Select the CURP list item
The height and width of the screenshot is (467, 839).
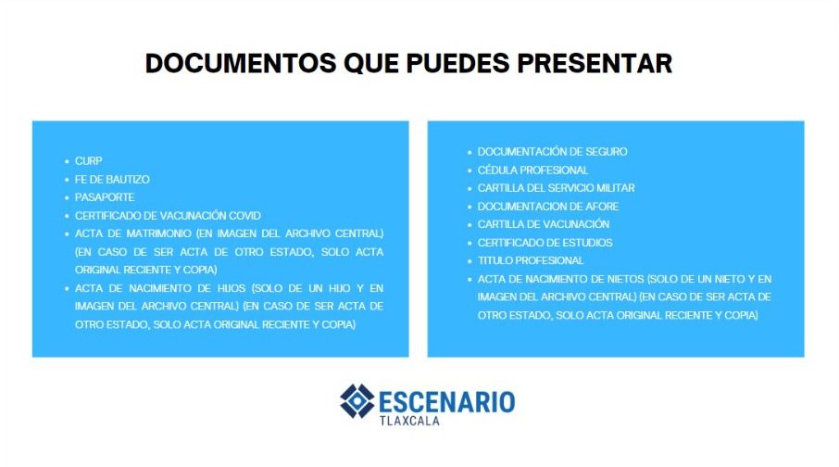88,160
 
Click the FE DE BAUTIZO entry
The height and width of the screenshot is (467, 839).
112,180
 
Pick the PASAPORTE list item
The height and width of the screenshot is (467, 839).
105,197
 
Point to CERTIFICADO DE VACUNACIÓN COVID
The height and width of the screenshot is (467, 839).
168,215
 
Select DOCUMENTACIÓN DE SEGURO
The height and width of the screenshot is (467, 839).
552,152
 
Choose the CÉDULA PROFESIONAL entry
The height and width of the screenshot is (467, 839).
532,170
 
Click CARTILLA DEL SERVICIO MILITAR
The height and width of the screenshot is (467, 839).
556,188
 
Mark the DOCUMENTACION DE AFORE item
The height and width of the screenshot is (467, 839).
548,207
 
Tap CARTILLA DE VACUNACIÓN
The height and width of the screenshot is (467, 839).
544,224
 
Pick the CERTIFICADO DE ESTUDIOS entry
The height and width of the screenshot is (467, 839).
545,243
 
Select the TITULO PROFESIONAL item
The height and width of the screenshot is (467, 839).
531,260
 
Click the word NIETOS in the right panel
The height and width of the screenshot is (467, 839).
625,279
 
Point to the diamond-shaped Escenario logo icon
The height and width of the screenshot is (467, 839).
357,401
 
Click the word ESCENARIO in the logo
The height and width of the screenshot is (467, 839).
447,402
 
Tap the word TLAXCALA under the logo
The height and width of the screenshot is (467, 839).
409,421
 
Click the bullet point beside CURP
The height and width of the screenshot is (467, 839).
67,161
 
